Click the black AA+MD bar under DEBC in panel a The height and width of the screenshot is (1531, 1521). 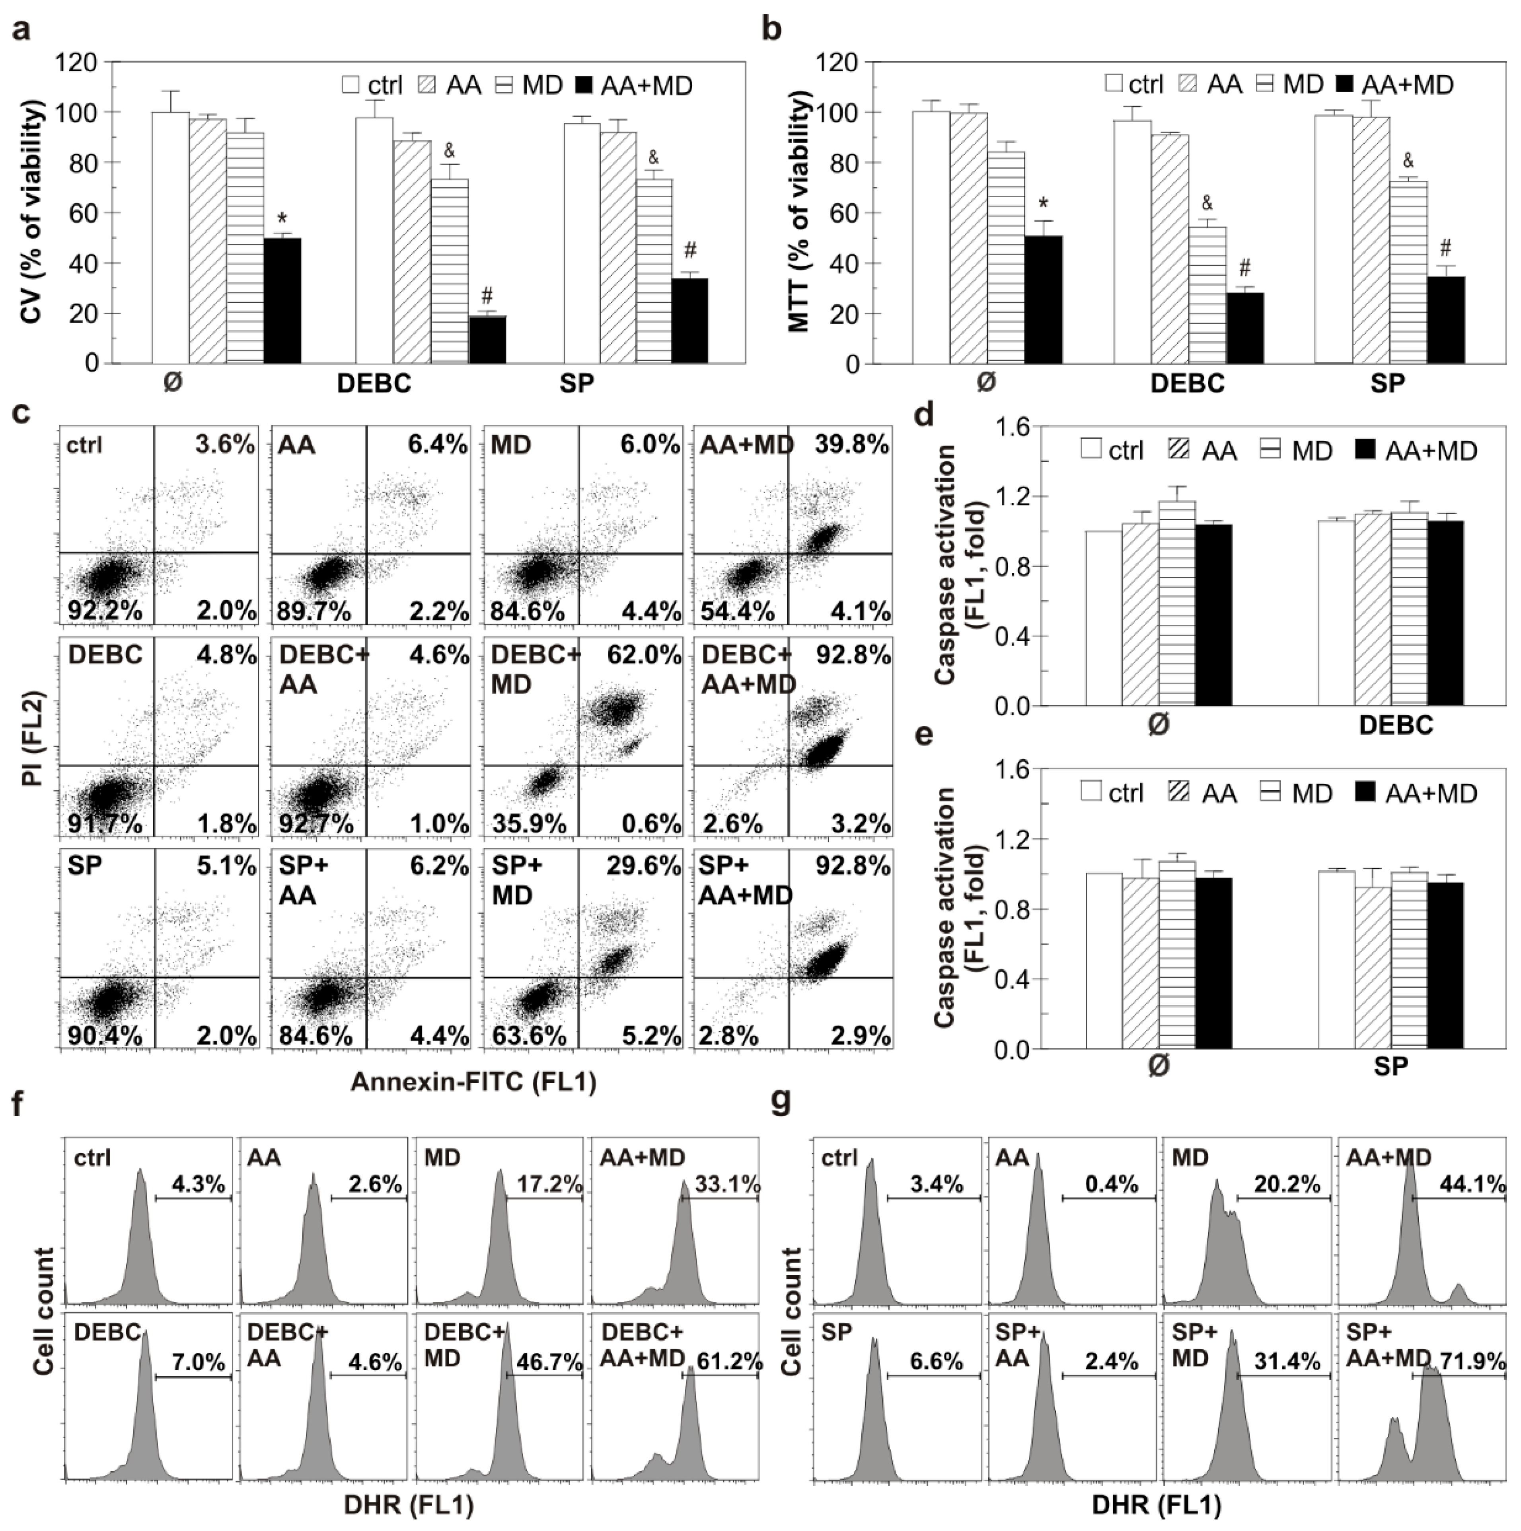[x=487, y=339]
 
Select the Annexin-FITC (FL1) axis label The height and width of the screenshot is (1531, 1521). [x=473, y=1082]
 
